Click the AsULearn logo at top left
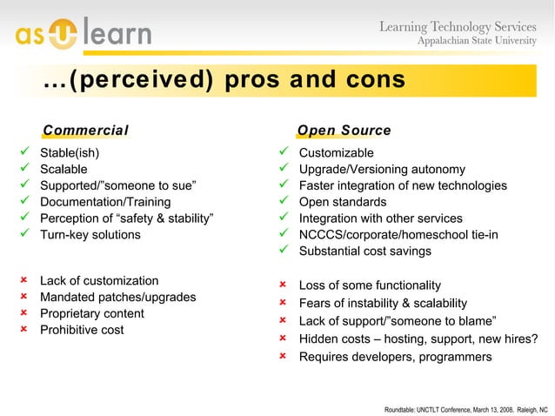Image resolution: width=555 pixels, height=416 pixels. (x=83, y=33)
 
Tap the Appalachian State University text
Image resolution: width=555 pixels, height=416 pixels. (x=482, y=42)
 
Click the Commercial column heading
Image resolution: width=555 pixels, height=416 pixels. (x=85, y=131)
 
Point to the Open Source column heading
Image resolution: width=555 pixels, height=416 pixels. (x=344, y=131)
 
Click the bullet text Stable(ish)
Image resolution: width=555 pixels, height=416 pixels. (x=70, y=153)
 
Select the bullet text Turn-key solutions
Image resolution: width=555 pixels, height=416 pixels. (x=90, y=234)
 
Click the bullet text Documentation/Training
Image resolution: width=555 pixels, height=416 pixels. (x=99, y=202)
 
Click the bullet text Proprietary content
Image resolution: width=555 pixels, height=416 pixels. (x=92, y=313)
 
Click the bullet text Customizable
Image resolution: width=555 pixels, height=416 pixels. (x=336, y=153)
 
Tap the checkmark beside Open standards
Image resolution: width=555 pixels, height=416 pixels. (x=282, y=202)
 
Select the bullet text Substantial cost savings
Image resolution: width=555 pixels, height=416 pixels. (x=364, y=251)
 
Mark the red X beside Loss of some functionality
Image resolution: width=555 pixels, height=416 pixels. (x=282, y=285)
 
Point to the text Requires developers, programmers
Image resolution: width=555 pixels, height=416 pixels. (x=395, y=357)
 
